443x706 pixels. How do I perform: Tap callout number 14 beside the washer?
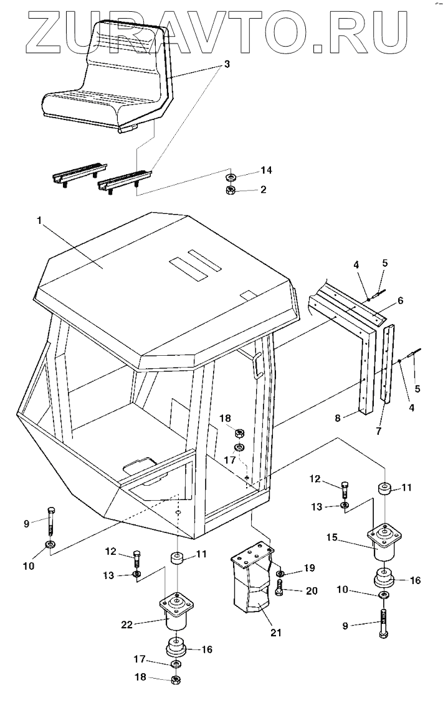267,169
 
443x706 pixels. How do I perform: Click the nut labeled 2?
230,190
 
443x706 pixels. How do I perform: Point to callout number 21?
276,633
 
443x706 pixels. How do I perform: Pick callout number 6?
400,300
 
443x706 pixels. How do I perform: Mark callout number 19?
309,568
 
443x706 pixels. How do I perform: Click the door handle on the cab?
256,366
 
